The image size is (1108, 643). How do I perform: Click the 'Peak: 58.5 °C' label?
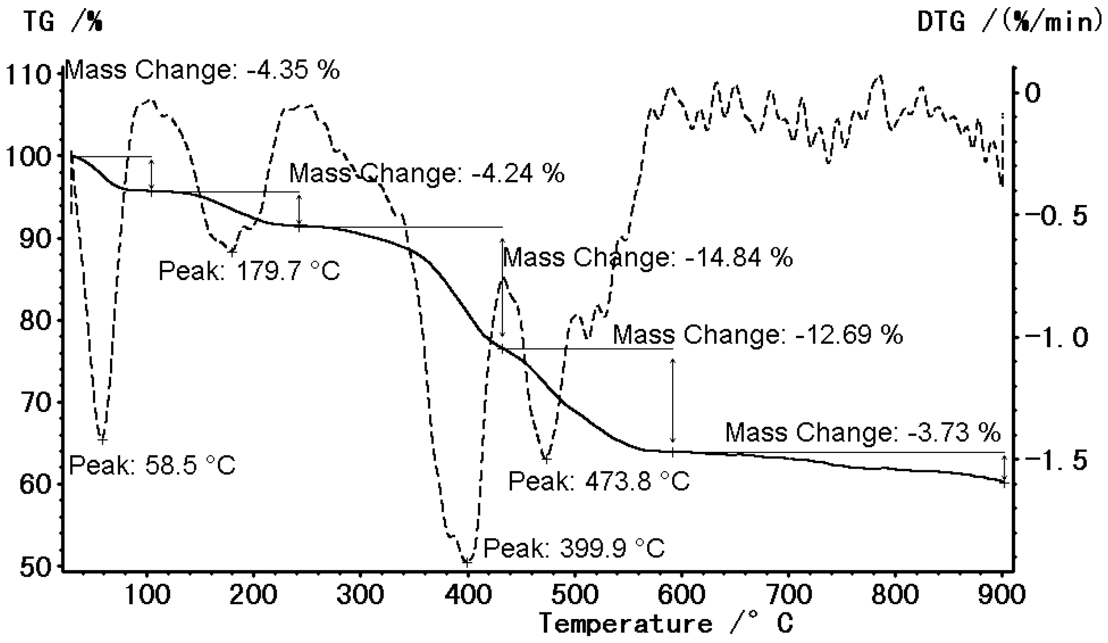152,466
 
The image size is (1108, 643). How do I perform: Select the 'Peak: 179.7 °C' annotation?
249,271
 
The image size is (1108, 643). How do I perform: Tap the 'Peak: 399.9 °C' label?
574,549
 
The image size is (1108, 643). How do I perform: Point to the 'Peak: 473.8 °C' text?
599,481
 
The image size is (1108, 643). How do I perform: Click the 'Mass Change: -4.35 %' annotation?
203,70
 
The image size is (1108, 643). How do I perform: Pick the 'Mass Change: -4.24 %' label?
427,173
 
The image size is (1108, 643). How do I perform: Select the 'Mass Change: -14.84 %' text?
648,257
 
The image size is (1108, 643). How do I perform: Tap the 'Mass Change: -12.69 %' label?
758,335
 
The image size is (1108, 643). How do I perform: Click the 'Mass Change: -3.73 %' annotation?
862,432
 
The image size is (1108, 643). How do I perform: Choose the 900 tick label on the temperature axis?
1002,595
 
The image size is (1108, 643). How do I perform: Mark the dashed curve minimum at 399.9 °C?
466,562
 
